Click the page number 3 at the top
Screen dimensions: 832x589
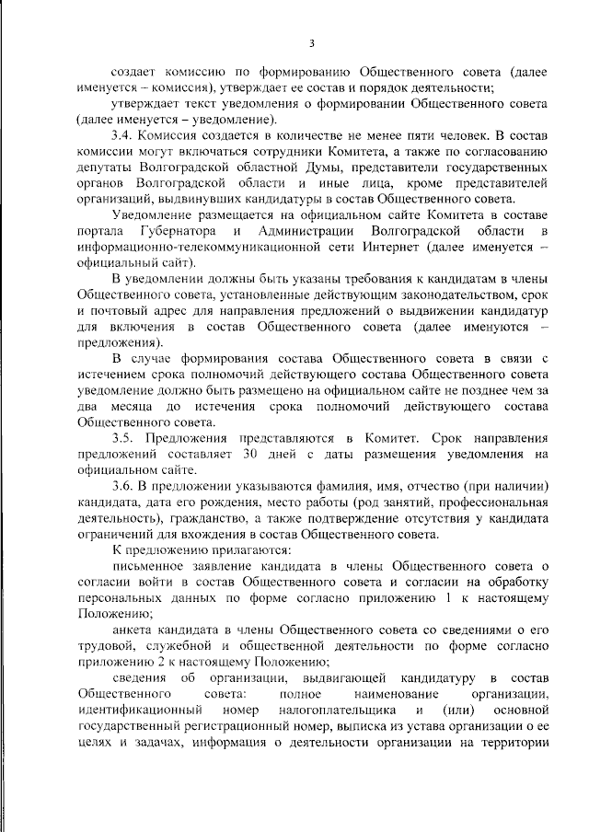[x=312, y=43]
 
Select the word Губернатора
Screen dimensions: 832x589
[x=183, y=229]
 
